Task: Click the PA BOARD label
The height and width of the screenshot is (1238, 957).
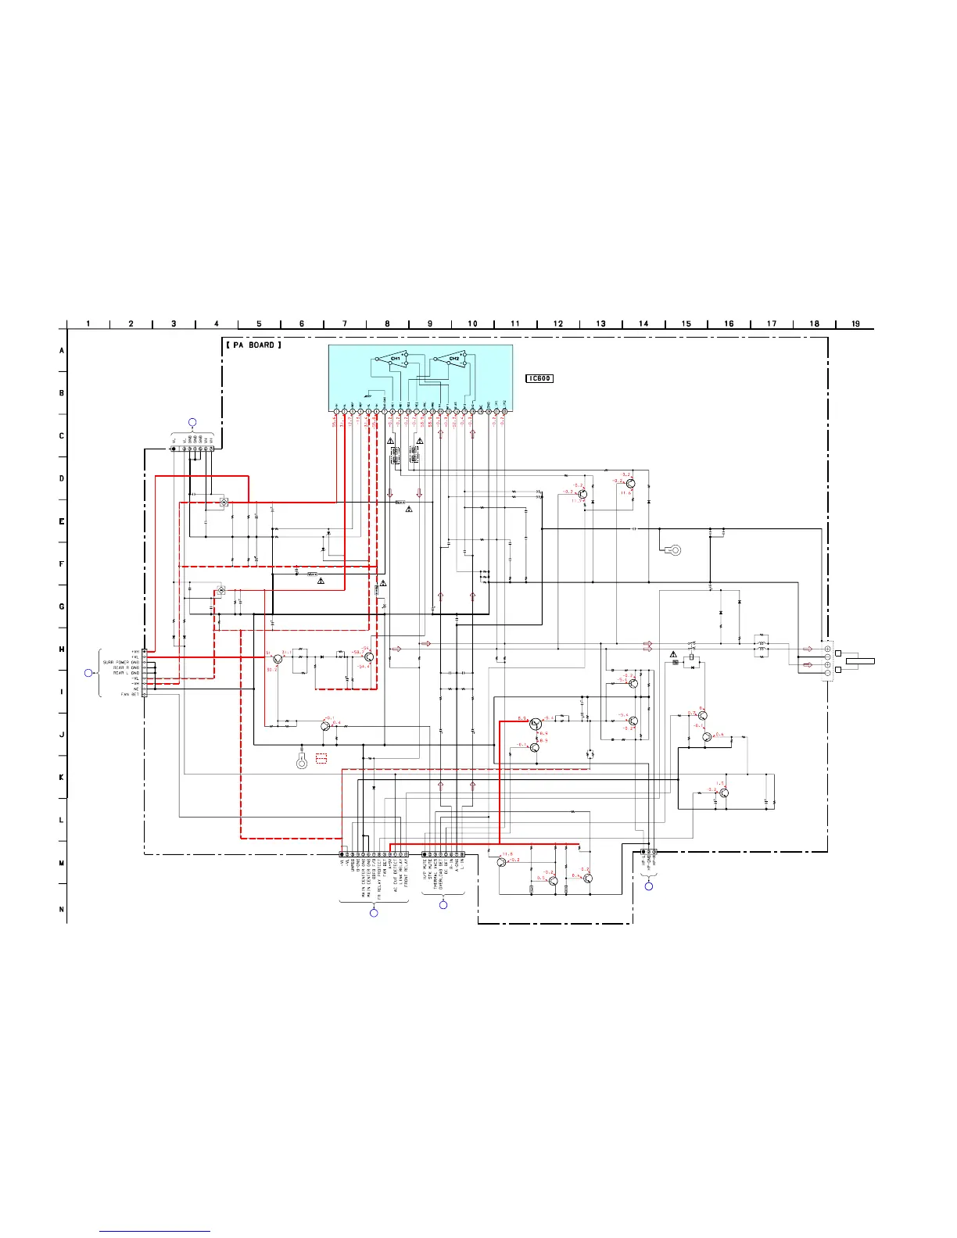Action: point(253,345)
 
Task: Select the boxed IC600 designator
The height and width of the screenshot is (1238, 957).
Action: point(539,378)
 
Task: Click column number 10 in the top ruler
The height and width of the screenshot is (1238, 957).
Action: point(472,324)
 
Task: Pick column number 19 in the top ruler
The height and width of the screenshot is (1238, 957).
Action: point(855,324)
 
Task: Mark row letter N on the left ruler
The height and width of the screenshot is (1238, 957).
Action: point(62,909)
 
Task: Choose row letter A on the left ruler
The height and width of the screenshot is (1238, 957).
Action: point(62,351)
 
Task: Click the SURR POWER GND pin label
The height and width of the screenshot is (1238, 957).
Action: point(120,662)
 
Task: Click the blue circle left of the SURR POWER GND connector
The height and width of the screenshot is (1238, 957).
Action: point(88,673)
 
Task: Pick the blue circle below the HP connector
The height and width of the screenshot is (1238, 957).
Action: point(648,886)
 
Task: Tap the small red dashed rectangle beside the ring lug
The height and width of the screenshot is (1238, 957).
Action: point(321,758)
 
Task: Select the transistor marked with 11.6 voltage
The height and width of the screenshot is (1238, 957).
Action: point(631,484)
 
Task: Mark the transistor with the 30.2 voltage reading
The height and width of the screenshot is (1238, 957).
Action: point(278,660)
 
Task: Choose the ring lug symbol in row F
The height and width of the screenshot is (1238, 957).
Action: point(674,550)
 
